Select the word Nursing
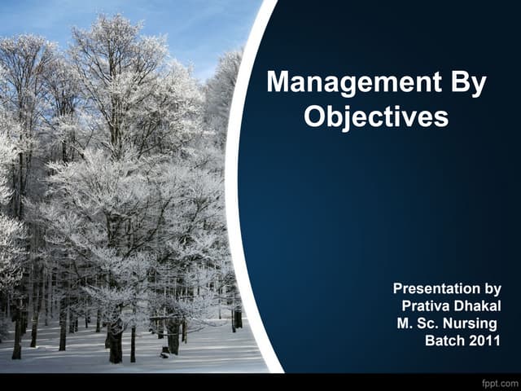tap(469, 323)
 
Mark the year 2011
tap(485, 340)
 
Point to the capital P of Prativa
tap(406, 305)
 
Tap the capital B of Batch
tap(430, 340)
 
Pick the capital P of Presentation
tap(397, 288)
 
